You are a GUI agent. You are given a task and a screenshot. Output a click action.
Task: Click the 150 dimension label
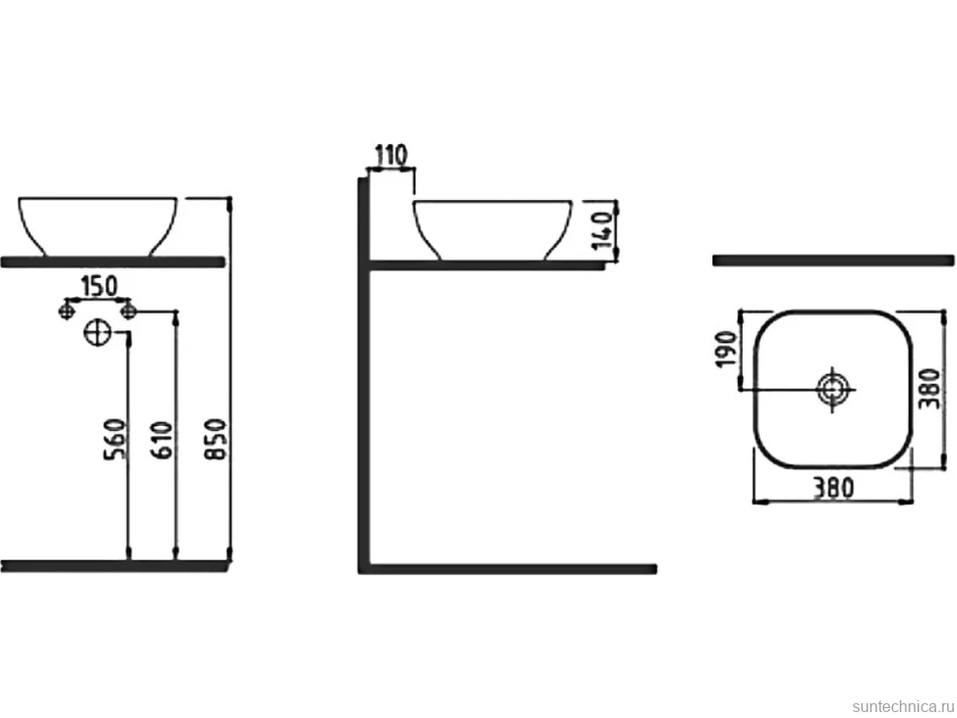pos(99,286)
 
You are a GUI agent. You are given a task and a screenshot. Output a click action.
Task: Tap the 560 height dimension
pos(116,439)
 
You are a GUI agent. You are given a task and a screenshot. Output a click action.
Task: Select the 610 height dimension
pos(163,439)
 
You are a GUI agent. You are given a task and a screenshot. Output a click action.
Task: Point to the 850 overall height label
pos(217,439)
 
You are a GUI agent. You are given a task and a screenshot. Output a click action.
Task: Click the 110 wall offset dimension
pos(391,156)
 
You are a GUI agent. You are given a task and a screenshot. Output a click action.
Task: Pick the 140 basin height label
pos(603,230)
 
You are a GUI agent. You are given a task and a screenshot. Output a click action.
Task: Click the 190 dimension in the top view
pos(727,349)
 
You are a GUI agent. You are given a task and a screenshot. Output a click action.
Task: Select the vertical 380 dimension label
pos(930,389)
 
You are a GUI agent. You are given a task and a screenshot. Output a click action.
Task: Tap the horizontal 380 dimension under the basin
pos(832,487)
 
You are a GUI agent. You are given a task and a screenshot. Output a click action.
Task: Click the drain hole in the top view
pos(833,389)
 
